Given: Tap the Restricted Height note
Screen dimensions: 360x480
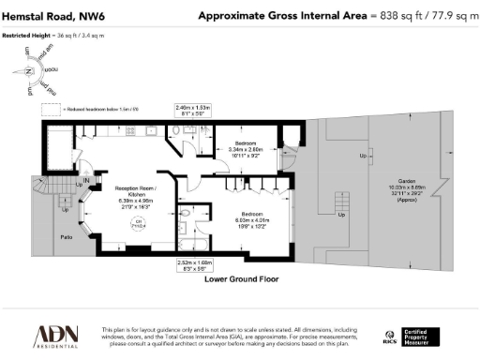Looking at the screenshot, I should click(52, 35).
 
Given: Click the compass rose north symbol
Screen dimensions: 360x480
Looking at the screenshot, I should click(29, 72).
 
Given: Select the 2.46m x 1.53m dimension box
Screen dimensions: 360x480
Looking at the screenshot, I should click(193, 112).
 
